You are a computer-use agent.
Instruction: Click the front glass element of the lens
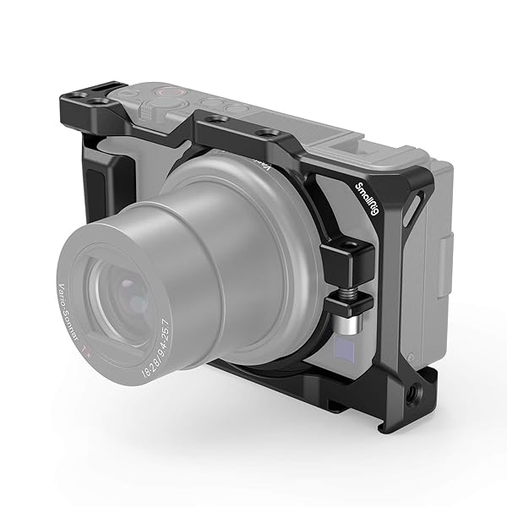click(127, 292)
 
